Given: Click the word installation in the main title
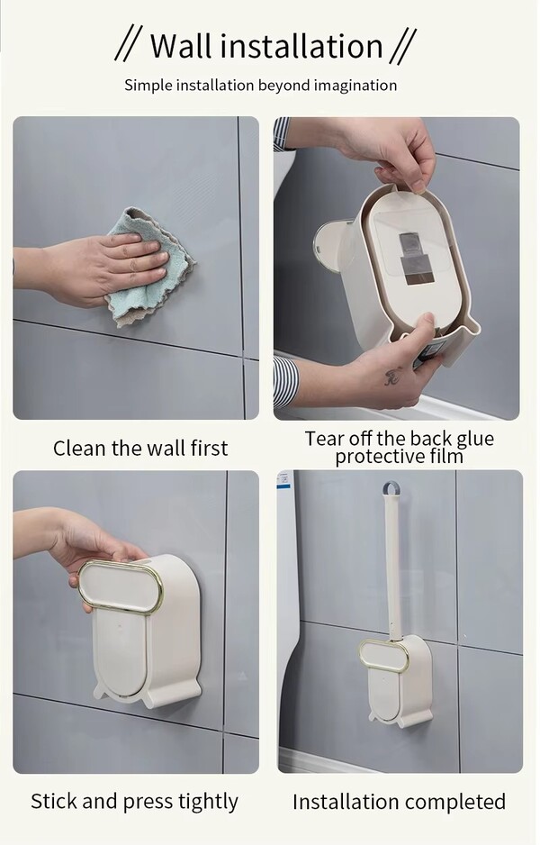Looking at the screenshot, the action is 301,46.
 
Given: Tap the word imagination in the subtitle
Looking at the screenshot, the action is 355,86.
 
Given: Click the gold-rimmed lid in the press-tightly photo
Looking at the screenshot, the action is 120,586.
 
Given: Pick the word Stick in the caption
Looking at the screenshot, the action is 54,801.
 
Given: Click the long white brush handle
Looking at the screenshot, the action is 391,567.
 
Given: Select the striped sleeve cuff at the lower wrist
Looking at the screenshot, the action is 284,380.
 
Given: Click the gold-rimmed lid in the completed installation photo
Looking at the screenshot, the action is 383,656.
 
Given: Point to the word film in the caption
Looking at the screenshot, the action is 447,457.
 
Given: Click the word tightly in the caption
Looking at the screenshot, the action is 208,803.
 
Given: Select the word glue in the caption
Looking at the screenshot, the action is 474,440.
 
